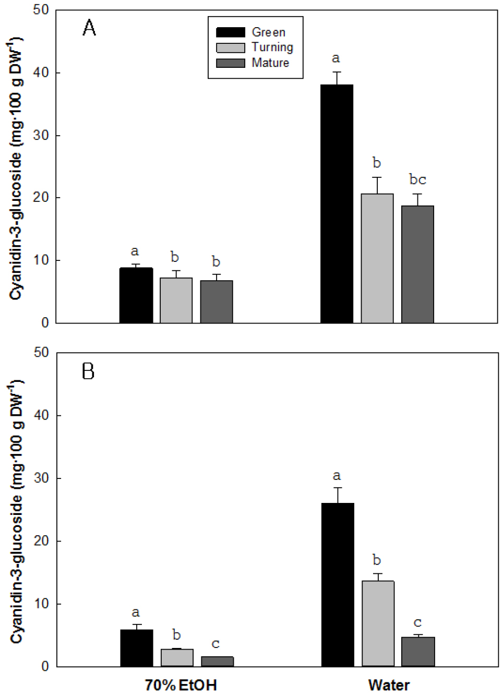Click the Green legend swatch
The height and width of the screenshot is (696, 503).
(230, 32)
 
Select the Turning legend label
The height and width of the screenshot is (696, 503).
(272, 47)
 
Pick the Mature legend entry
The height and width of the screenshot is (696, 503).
(270, 63)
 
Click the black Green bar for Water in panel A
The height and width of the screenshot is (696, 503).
(337, 203)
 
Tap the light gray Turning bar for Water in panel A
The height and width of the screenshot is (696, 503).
(377, 258)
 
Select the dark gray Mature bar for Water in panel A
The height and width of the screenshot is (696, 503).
(417, 264)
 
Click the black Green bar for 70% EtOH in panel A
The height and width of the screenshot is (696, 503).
(136, 295)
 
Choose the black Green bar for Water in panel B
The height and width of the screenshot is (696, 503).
(337, 584)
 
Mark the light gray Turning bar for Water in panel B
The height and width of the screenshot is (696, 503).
(378, 623)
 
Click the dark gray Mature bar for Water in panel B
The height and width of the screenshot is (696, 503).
(418, 652)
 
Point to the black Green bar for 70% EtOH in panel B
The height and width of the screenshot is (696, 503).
(137, 648)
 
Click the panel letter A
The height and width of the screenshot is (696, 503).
(89, 28)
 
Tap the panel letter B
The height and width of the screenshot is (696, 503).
(88, 371)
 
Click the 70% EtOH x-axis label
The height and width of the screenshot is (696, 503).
(181, 685)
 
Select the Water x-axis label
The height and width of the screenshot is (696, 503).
(389, 685)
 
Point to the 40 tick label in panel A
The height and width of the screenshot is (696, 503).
(41, 73)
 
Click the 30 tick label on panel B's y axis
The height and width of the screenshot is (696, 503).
(41, 478)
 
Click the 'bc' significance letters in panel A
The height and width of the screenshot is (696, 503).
(417, 179)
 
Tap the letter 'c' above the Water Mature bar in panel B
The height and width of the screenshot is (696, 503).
(417, 623)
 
